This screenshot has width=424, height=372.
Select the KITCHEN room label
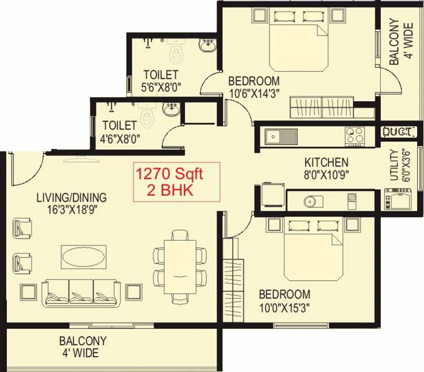[326, 162]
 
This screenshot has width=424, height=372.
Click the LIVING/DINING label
[71, 198]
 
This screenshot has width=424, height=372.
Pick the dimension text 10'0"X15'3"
[284, 307]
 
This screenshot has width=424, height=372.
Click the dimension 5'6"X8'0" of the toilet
[161, 88]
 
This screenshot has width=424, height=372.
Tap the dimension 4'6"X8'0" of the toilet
[121, 138]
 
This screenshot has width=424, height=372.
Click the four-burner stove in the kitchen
[354, 135]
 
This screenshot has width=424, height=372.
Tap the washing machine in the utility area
[398, 199]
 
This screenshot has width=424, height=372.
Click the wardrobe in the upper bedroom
[322, 107]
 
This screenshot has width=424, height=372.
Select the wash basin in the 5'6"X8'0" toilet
[208, 46]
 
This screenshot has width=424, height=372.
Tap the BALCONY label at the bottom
[83, 341]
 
